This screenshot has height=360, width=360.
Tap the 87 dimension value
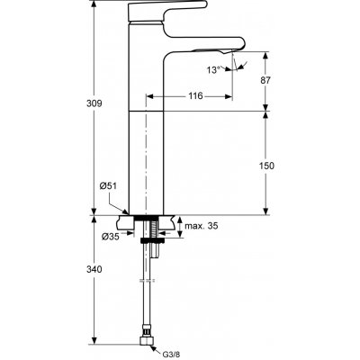click(x=279, y=81)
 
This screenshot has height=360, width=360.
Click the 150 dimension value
click(x=279, y=166)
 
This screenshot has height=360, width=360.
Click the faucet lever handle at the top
click(x=153, y=11)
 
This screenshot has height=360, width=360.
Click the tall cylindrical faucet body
click(x=147, y=153)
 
